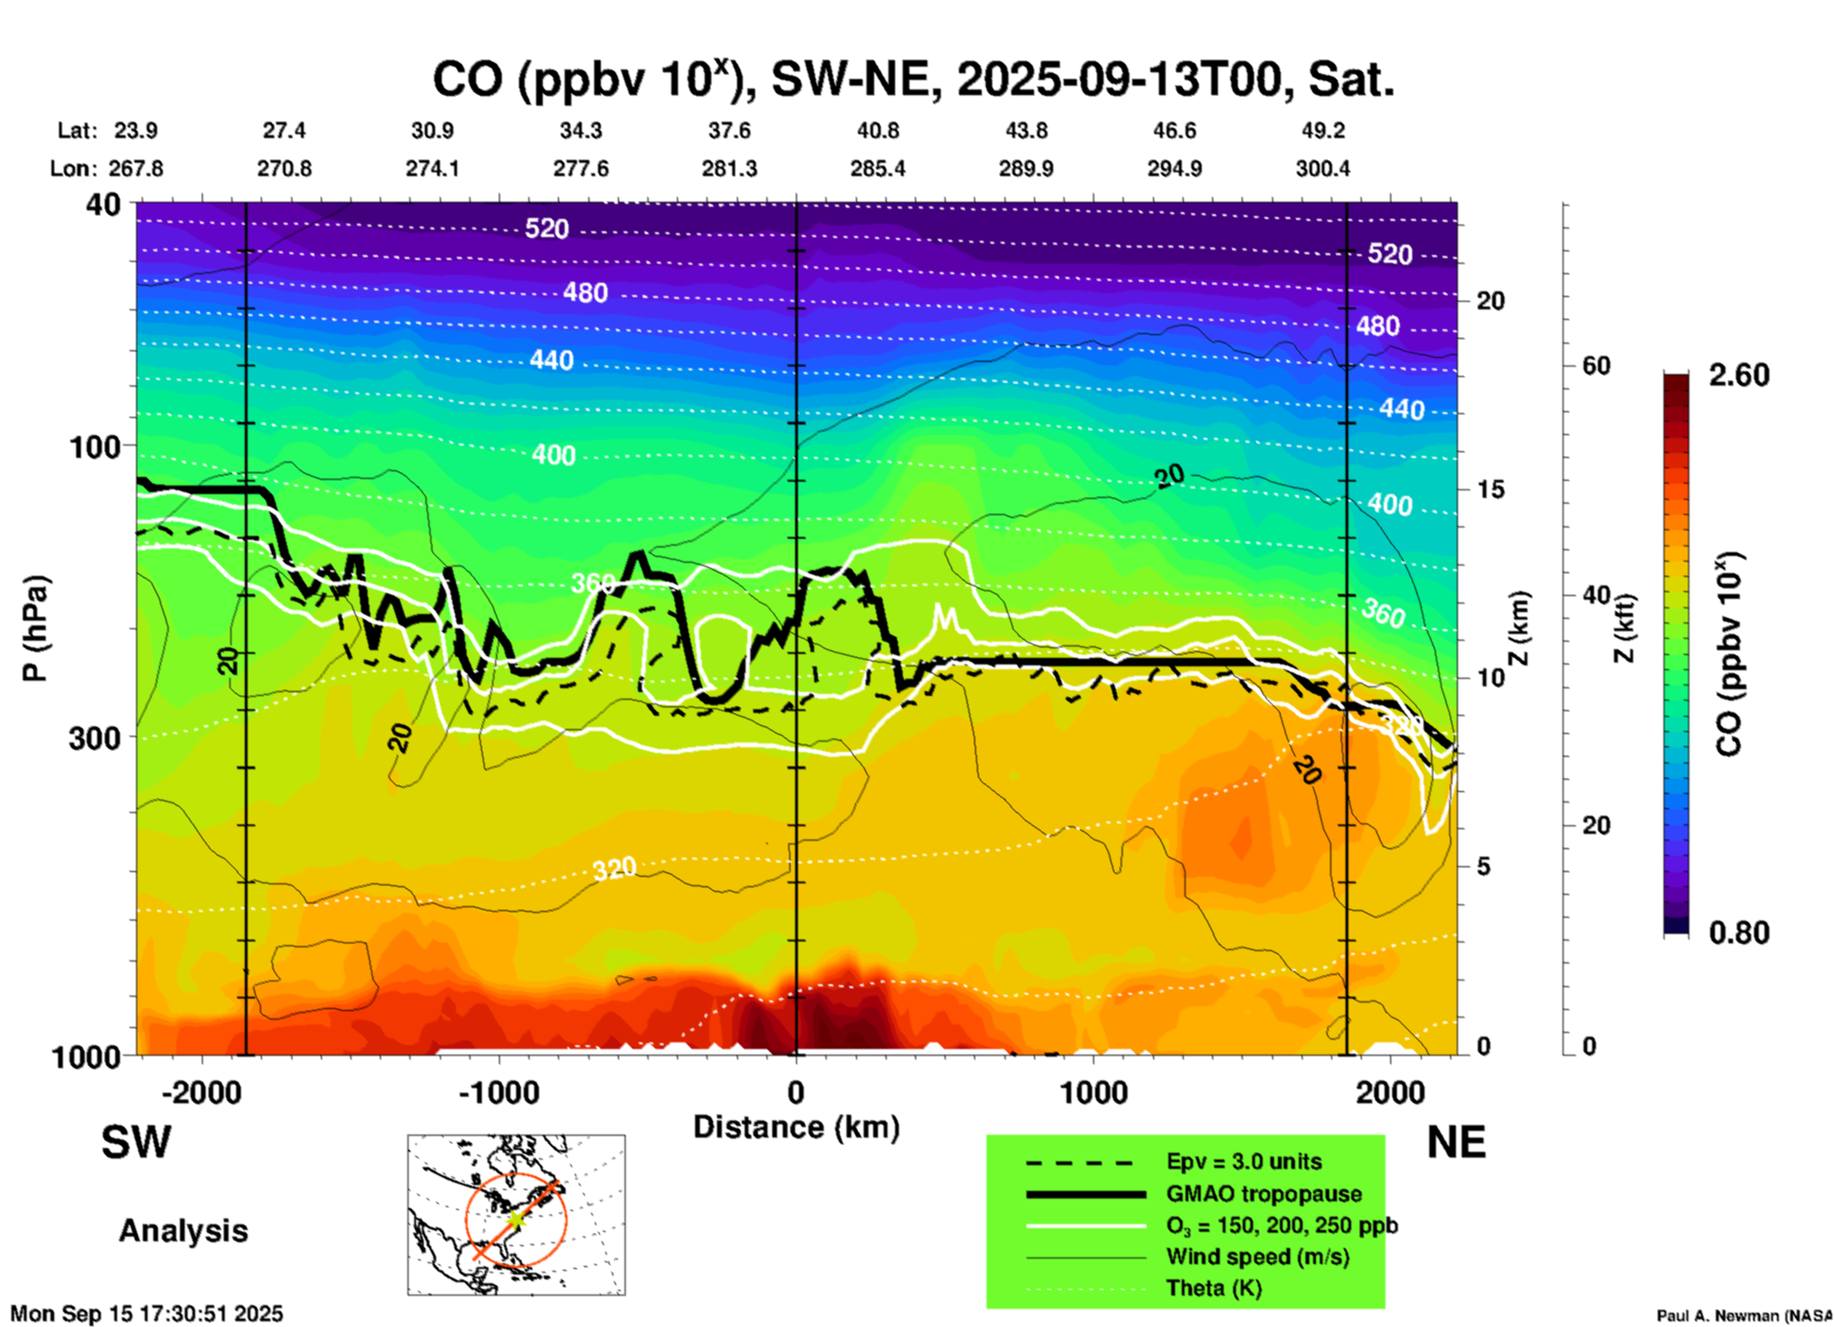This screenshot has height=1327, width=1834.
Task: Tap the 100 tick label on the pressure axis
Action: (x=95, y=446)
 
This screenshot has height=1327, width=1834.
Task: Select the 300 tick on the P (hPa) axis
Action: (x=95, y=738)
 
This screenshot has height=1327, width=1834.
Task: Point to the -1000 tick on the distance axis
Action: (x=499, y=1092)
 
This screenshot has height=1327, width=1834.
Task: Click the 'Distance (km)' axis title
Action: (x=796, y=1127)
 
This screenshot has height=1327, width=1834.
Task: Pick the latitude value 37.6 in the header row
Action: (x=728, y=130)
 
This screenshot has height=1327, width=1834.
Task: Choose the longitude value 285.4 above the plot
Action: (x=877, y=168)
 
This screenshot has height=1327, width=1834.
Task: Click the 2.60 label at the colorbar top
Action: (x=1739, y=375)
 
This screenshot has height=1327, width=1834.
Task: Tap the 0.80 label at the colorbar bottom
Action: (x=1739, y=933)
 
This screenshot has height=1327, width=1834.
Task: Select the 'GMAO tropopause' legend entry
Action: (x=1264, y=1194)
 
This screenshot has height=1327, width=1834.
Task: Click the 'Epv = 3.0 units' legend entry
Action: (x=1244, y=1161)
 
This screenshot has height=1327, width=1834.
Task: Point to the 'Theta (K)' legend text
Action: (x=1214, y=1288)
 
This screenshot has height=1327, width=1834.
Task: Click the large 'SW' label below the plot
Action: (x=136, y=1142)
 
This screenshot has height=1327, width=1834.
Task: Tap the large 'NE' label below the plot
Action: (x=1456, y=1142)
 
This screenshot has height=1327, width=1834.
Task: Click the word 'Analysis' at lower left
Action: (x=183, y=1231)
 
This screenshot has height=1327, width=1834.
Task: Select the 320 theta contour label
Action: (x=614, y=868)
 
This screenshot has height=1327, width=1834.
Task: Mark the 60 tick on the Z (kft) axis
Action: (x=1596, y=366)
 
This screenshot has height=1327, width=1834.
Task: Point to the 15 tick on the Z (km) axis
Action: (x=1490, y=489)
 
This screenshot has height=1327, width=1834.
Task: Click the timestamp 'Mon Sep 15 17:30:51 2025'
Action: (x=147, y=1314)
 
